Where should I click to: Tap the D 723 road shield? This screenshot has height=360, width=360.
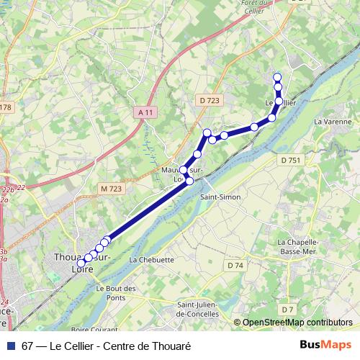209,100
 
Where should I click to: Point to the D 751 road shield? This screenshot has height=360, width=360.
290,160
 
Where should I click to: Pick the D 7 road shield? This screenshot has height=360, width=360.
288,310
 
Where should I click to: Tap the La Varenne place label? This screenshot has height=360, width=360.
333,122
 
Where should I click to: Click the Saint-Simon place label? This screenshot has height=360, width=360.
220,196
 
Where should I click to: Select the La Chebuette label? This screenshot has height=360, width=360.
152,259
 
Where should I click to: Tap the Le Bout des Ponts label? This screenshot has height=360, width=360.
116,292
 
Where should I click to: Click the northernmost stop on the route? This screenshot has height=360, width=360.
277,76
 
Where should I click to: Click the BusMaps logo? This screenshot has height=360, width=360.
326,344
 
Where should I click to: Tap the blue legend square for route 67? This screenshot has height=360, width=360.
10,345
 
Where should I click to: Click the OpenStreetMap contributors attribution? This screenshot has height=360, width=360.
297,323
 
